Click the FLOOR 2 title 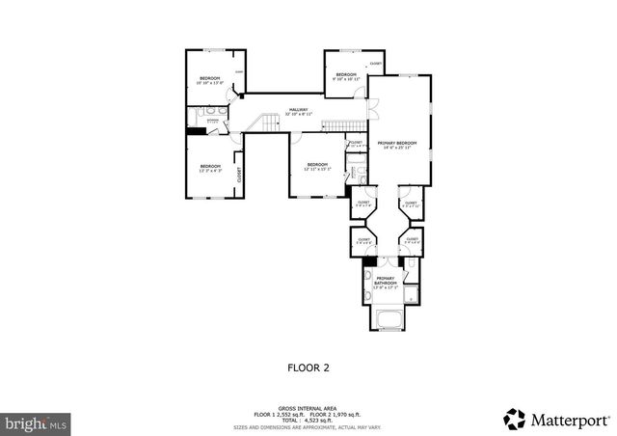pos(308,367)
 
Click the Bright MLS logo pos(37,422)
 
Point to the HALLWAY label pos(299,111)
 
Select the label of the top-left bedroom pos(210,79)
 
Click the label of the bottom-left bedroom pos(210,169)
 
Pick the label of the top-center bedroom pos(345,77)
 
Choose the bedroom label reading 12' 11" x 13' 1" pos(317,166)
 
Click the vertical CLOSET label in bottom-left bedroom pos(239,174)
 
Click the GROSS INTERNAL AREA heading pos(308,406)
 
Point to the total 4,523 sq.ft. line pos(308,420)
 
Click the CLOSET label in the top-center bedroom pos(376,65)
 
